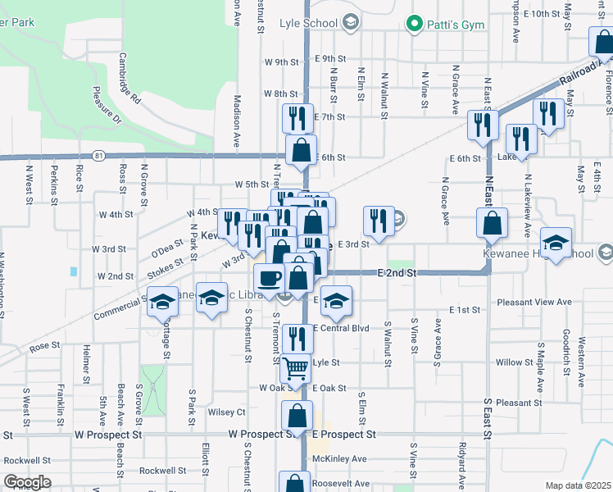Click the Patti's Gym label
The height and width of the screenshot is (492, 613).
450,24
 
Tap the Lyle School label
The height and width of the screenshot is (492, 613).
308,23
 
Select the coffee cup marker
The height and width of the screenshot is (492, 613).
269,278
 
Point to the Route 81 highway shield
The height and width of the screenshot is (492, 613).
98,154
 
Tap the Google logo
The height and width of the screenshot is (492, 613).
27,482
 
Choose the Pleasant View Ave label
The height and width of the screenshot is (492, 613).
534,302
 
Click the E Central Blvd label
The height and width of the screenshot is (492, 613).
343,329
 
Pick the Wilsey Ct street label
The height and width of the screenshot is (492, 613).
227,412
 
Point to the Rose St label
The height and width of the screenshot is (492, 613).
45,347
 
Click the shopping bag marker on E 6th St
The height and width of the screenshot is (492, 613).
302,149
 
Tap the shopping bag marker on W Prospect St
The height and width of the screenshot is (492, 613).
297,415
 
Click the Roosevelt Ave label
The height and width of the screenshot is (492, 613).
338,484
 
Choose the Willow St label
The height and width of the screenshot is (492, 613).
514,362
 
